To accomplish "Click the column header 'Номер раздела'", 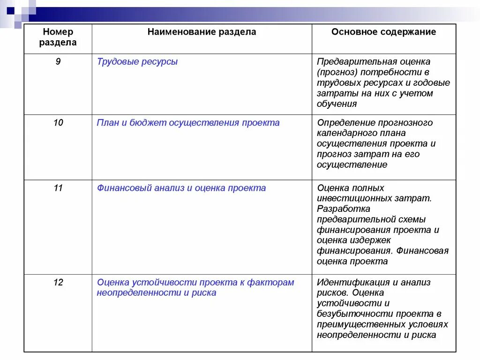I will (58, 37).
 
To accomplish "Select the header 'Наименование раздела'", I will (202, 32).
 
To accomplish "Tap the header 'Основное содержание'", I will (383, 32).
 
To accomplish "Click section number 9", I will (58, 61).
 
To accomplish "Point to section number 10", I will (58, 123).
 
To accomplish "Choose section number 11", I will (58, 188).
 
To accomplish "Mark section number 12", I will (58, 282).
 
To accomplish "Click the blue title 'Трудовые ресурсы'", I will (137, 61).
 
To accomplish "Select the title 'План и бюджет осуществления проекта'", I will (188, 123).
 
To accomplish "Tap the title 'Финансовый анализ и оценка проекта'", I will (181, 188).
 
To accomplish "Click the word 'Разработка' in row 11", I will (343, 209).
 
